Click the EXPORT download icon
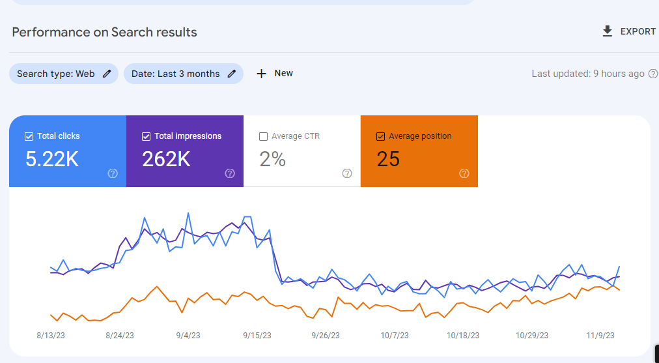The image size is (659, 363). tap(608, 31)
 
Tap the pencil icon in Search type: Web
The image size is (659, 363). tap(107, 74)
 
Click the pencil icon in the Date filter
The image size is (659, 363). tap(231, 74)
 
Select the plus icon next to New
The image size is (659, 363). tap(261, 74)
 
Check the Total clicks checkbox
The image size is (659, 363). tap(29, 136)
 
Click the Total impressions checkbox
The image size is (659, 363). tap(146, 136)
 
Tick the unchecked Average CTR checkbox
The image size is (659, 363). tap(263, 136)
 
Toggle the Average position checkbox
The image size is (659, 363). tap(380, 136)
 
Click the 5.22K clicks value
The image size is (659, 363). tap(52, 159)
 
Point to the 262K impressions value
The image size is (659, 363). tap(166, 159)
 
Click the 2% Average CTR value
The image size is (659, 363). tap(272, 159)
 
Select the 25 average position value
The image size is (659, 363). tap(388, 159)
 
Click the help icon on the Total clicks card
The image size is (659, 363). tap(113, 173)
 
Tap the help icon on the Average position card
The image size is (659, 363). tap(464, 173)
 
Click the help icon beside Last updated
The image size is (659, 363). tap(652, 74)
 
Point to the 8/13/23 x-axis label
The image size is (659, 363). tap(50, 336)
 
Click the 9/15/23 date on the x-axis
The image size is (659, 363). tap(257, 336)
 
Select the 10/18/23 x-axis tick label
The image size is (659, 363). tap(463, 336)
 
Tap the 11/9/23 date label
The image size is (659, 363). tap(600, 336)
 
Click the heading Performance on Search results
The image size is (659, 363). tap(104, 32)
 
